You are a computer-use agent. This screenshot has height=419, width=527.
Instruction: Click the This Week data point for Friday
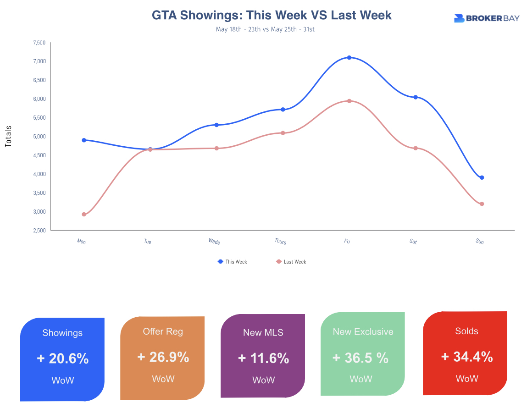tap(349, 58)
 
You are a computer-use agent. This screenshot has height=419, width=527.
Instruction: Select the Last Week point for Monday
tap(84, 215)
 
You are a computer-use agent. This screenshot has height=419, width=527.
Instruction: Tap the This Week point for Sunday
tap(482, 177)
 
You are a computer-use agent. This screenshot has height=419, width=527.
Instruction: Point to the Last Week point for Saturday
tap(416, 148)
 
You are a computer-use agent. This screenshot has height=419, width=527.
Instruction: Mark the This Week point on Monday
tap(84, 140)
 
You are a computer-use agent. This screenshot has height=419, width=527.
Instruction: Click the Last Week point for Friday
tap(349, 101)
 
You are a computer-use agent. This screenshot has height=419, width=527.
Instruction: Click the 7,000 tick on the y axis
tap(39, 61)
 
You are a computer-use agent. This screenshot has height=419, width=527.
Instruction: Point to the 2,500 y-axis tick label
tap(39, 231)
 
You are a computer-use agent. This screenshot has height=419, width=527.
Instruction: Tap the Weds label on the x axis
tap(214, 241)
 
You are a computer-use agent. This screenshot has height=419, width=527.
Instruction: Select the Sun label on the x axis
tap(480, 241)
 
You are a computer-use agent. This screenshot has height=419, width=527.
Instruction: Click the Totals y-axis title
tap(8, 136)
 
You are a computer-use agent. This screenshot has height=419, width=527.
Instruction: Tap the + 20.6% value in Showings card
tap(62, 358)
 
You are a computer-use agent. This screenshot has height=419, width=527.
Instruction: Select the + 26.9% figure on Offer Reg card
tap(163, 357)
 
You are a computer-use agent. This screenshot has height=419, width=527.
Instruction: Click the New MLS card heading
tap(263, 333)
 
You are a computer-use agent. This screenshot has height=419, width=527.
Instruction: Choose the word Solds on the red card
tap(466, 331)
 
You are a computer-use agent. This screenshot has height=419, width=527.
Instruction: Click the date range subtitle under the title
tap(265, 29)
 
